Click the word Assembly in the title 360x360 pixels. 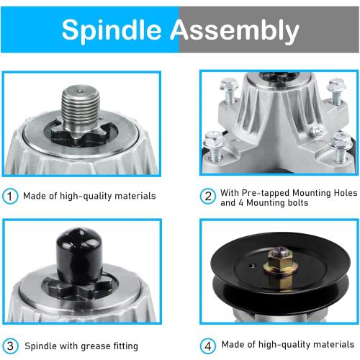(235, 30)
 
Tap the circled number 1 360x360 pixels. (11, 196)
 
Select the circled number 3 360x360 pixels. (11, 345)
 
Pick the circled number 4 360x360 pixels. (207, 345)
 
